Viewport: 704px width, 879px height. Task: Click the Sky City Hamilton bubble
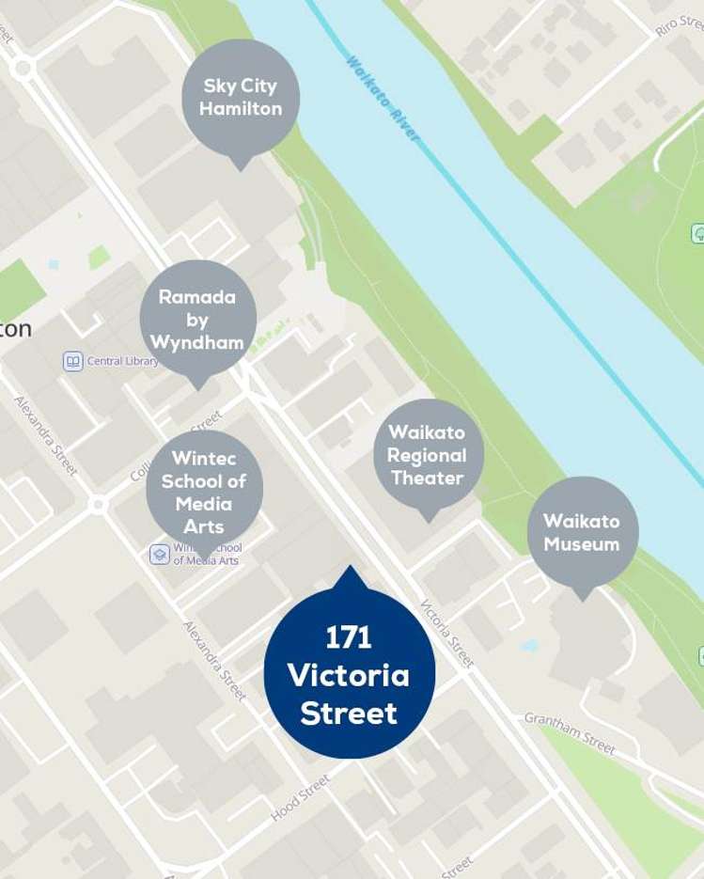point(241,97)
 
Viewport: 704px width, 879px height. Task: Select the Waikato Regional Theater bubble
point(428,456)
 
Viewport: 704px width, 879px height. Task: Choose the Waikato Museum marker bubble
point(582,532)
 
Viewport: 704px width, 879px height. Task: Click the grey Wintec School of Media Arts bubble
point(204,491)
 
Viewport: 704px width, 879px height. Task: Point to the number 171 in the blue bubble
point(349,638)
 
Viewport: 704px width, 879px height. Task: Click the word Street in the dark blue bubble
point(349,714)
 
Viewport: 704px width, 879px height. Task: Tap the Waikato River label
point(382,98)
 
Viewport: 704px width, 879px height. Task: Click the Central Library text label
point(122,361)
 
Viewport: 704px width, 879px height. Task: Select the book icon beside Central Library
point(73,361)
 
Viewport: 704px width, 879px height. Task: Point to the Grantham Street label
point(570,732)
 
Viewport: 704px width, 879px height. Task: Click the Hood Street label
point(301,797)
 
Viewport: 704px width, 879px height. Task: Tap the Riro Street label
point(679,22)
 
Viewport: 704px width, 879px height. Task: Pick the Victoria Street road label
point(446,634)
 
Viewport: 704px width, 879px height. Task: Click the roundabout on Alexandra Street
point(98,505)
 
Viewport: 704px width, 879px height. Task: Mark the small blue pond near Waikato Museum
point(530,646)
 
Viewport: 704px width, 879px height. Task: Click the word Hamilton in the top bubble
point(241,109)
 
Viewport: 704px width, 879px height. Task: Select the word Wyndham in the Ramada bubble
point(197,343)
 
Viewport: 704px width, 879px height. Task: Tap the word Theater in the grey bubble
point(428,479)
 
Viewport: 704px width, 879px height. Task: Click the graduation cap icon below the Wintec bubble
point(160,555)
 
